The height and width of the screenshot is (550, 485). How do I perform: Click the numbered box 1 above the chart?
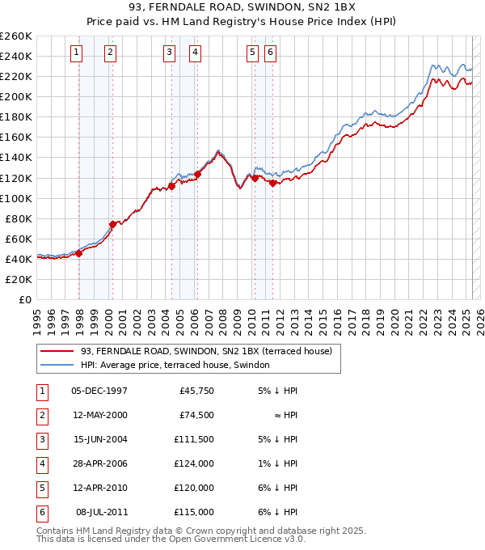76,53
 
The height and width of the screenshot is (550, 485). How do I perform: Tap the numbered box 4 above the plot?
196,53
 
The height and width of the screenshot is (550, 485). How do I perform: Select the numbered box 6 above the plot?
270,53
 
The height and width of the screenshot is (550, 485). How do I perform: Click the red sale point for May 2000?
113,224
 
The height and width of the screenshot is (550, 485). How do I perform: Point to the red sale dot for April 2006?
198,174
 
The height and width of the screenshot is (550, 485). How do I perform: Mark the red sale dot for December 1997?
79,253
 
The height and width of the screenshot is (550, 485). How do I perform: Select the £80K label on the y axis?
19,218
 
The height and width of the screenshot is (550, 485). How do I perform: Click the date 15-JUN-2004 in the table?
99,440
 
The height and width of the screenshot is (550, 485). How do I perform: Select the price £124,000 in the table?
194,464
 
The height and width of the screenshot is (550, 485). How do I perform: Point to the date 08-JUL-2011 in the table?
101,512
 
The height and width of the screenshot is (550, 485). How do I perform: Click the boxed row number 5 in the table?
40,488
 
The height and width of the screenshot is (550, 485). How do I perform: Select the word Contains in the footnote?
54,531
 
